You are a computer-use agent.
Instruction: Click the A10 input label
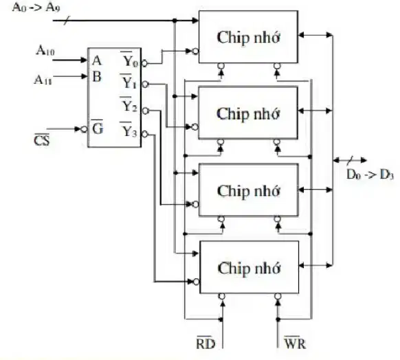click(x=45, y=50)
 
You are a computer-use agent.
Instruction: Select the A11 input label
click(x=43, y=80)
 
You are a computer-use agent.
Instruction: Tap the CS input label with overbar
click(x=42, y=139)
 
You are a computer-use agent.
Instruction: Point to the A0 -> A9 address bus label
click(x=36, y=7)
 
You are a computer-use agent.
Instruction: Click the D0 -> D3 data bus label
click(x=370, y=175)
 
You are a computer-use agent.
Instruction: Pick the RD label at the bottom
click(x=205, y=343)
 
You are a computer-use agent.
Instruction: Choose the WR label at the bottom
click(x=295, y=343)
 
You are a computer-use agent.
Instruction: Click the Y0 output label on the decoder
click(x=131, y=60)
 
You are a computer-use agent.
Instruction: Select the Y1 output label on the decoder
click(x=129, y=82)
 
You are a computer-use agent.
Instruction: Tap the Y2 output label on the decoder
click(x=130, y=105)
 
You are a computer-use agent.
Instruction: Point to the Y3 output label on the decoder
click(x=129, y=131)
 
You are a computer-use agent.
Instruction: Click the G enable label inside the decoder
click(x=98, y=128)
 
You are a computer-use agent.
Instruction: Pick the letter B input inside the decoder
click(x=97, y=77)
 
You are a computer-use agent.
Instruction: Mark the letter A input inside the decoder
click(x=97, y=60)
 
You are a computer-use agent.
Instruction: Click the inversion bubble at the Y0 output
click(x=144, y=63)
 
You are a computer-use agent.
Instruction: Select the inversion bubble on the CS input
click(x=84, y=129)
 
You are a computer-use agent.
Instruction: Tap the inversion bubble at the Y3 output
click(x=144, y=134)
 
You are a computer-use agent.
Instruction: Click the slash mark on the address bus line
click(x=67, y=21)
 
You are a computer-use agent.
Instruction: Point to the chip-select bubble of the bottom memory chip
click(x=196, y=282)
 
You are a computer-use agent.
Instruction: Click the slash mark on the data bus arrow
click(x=350, y=160)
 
